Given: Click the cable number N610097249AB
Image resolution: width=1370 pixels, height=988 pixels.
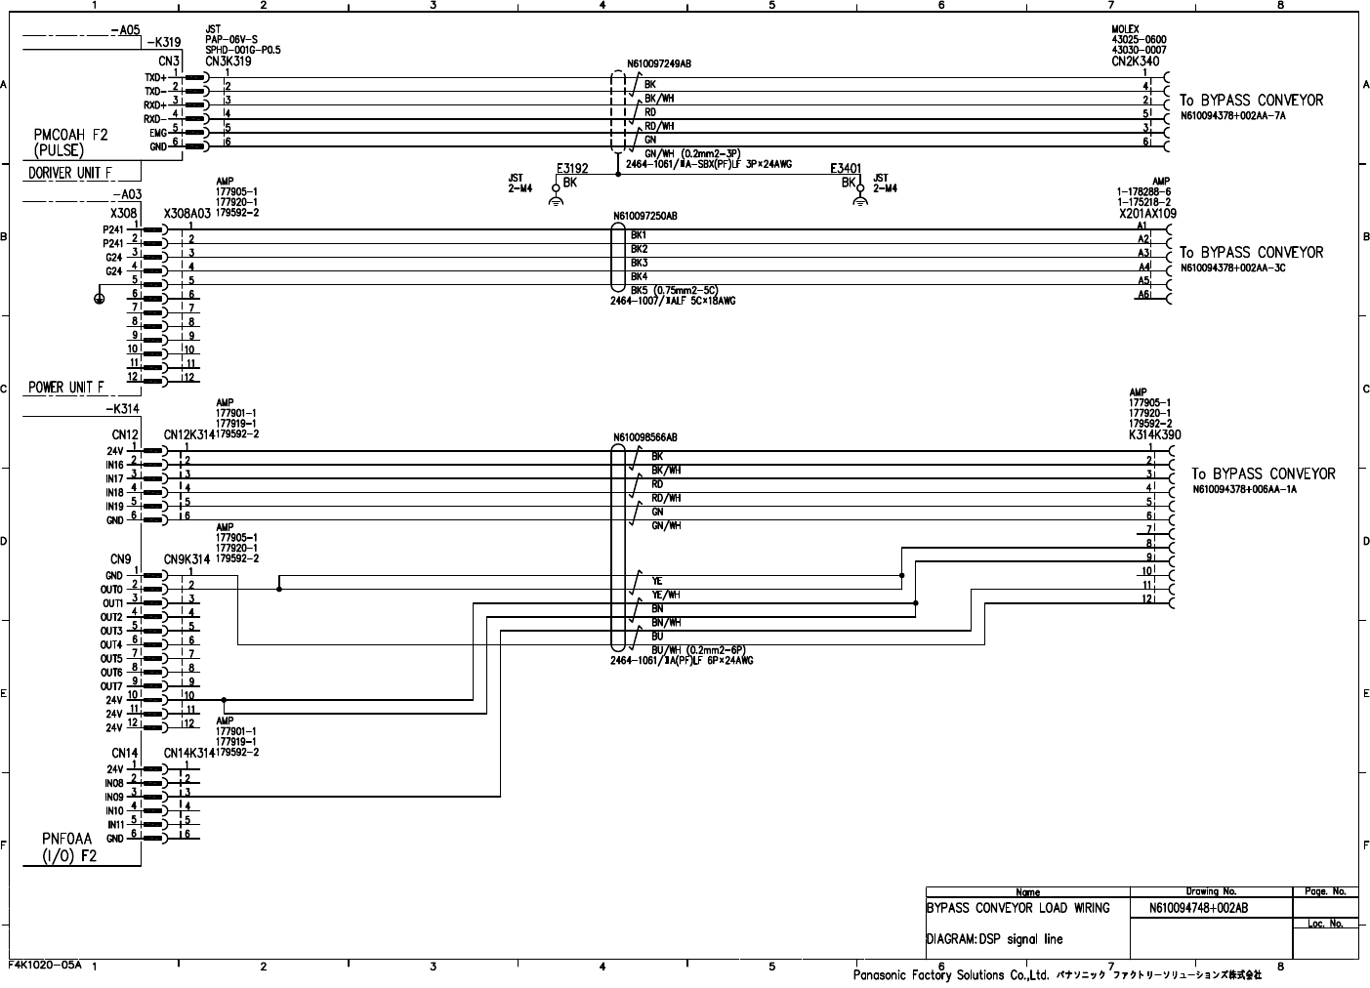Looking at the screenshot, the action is coord(659,63).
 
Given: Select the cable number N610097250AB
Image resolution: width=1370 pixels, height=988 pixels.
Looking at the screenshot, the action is coord(645,216).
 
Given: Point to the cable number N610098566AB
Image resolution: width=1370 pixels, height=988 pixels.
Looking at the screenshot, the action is coord(645,438).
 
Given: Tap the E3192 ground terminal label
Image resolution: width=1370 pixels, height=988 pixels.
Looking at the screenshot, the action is coord(572,168).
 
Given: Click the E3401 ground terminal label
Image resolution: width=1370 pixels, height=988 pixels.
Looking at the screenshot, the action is coord(845,168).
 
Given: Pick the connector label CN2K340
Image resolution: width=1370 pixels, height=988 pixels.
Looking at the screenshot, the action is coord(1136,61).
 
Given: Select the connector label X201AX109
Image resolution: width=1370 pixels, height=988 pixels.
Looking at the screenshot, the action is coord(1147,213).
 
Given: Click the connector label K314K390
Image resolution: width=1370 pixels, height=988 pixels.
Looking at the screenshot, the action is coord(1154,434).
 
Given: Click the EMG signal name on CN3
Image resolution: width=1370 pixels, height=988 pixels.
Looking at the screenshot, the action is coord(157,133).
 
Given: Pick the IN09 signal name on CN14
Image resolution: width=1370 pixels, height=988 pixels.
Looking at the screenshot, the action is coord(114,798).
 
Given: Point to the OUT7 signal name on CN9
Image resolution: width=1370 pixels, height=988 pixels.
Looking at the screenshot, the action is coord(111,686).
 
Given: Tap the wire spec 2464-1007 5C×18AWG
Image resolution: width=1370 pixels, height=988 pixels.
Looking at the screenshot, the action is coord(673,301).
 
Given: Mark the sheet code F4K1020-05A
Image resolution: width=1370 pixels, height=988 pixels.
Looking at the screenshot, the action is coord(46,965).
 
